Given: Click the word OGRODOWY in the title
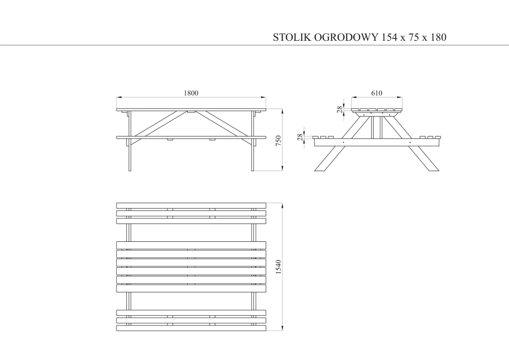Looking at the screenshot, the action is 346,37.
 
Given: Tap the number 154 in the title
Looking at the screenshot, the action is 389,37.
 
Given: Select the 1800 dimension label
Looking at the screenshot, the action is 191,93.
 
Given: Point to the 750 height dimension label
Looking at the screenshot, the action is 278,141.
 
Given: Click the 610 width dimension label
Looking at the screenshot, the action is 377,93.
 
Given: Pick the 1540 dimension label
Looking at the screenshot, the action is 278,267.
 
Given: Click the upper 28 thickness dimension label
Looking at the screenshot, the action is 340,109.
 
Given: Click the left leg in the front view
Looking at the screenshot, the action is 130,141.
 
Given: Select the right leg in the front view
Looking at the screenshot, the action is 252,141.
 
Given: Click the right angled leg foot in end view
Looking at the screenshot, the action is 424,158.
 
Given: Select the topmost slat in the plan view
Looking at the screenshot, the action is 191,206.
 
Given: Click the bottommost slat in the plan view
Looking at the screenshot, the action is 191,328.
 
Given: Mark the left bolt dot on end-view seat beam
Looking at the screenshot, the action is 344,142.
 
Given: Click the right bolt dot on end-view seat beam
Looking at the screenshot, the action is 410,142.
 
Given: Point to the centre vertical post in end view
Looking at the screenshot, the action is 377,127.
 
